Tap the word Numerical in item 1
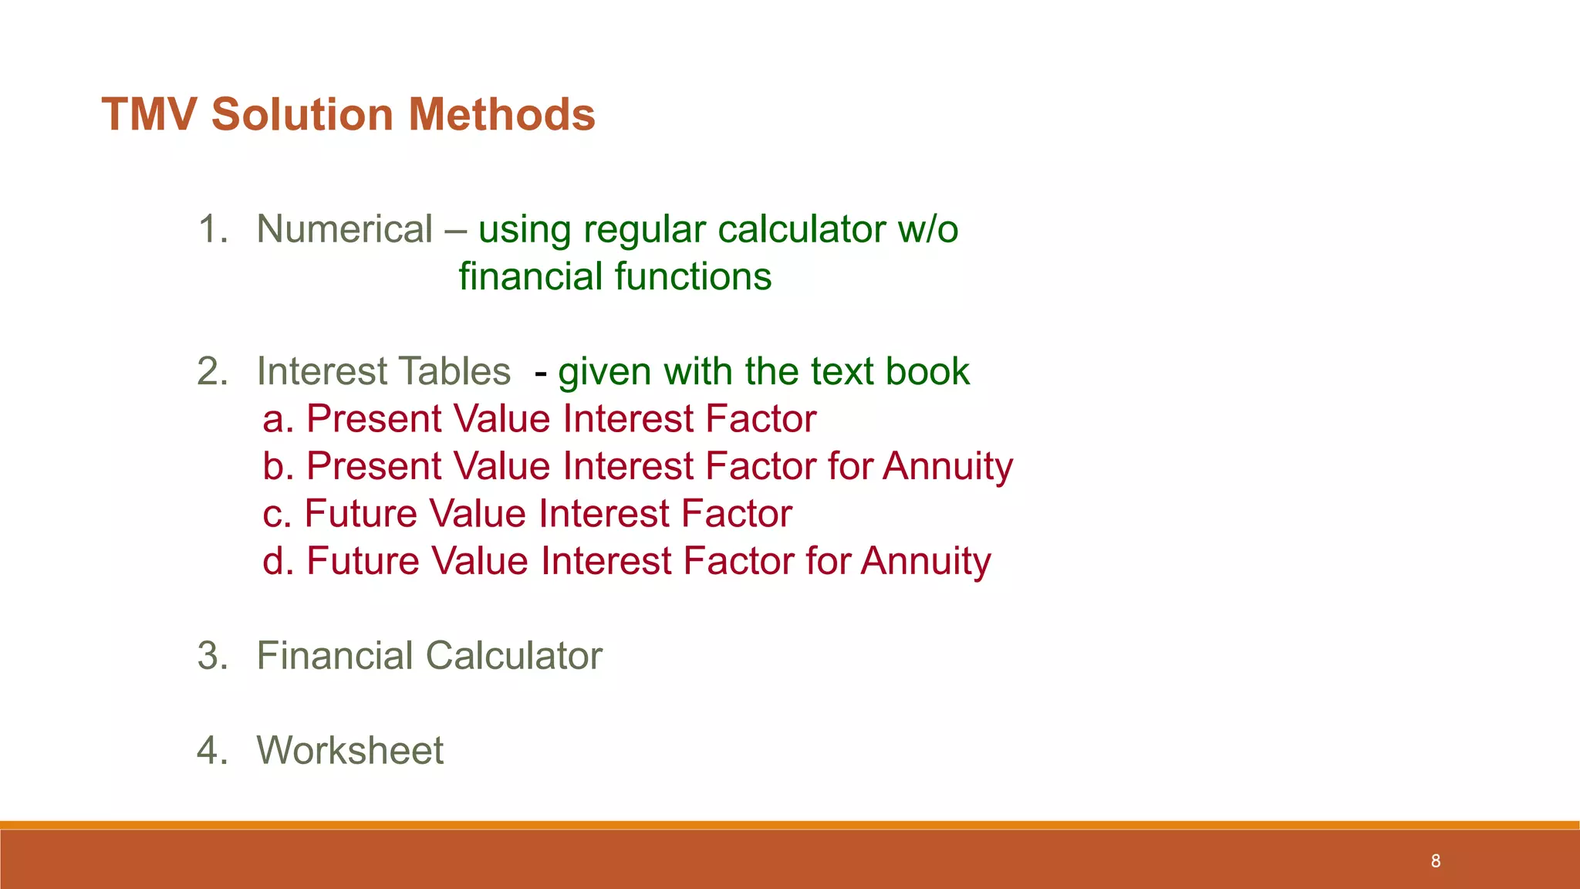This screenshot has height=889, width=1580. [x=344, y=229]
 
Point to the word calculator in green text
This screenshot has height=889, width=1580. [x=802, y=229]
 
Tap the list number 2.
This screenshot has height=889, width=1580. [x=213, y=371]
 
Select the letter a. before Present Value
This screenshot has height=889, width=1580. [x=278, y=419]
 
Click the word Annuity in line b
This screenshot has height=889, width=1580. [x=947, y=467]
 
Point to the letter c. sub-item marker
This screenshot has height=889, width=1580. [x=277, y=514]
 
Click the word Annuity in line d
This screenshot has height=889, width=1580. [x=926, y=561]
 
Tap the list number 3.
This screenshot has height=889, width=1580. [x=213, y=656]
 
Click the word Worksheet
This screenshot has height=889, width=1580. [x=349, y=750]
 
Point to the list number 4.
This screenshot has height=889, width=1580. [x=213, y=750]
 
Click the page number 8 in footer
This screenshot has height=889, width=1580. [x=1436, y=861]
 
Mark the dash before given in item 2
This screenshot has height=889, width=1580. [x=541, y=374]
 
